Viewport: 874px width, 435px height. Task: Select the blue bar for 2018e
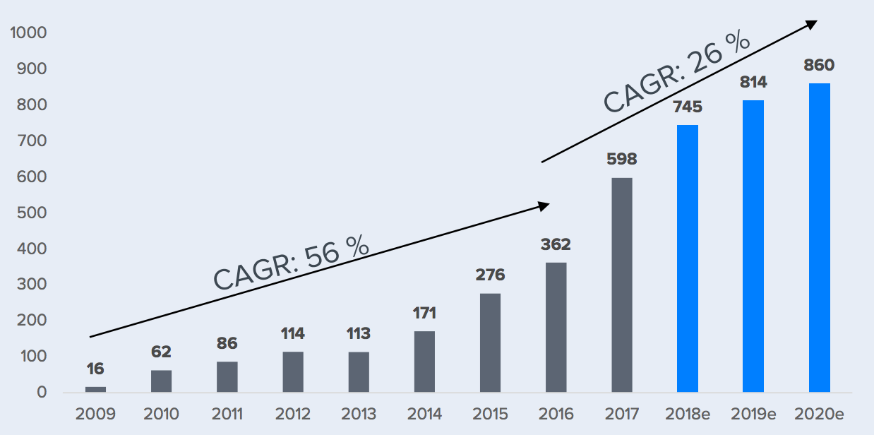pyautogui.click(x=688, y=258)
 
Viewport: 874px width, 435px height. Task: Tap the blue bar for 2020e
pyautogui.click(x=819, y=238)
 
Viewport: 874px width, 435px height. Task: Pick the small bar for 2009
pyautogui.click(x=95, y=389)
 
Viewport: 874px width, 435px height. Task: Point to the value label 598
pyautogui.click(x=622, y=160)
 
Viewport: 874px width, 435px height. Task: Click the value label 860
pyautogui.click(x=819, y=66)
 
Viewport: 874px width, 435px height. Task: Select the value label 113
pyautogui.click(x=359, y=333)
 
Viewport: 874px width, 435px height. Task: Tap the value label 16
pyautogui.click(x=95, y=369)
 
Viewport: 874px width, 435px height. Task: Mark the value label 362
pyautogui.click(x=556, y=245)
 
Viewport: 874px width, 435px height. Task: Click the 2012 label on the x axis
pyautogui.click(x=292, y=413)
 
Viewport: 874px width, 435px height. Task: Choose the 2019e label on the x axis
pyautogui.click(x=753, y=413)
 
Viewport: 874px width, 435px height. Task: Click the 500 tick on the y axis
pyautogui.click(x=33, y=213)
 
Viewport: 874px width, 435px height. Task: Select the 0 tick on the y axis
pyautogui.click(x=42, y=393)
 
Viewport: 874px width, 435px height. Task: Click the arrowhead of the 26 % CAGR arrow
pyautogui.click(x=812, y=24)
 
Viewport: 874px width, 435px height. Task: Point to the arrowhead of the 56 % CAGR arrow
pyautogui.click(x=544, y=205)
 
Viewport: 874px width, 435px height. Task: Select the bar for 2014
pyautogui.click(x=424, y=362)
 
